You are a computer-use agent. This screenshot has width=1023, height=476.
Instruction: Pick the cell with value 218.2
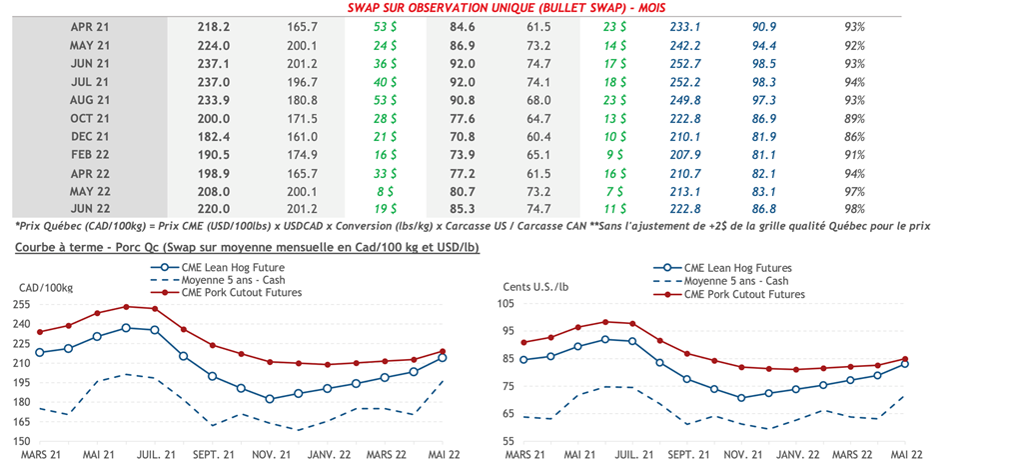pos(215,27)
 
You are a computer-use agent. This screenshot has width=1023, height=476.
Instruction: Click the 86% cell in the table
pos(854,136)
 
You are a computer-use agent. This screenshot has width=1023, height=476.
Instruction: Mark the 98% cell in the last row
pos(854,208)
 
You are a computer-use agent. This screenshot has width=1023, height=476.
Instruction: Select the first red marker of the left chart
pos(40,332)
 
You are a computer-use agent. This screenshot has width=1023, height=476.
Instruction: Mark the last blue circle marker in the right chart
pos(904,364)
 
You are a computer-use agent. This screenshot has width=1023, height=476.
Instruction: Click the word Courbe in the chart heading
pos(36,247)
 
